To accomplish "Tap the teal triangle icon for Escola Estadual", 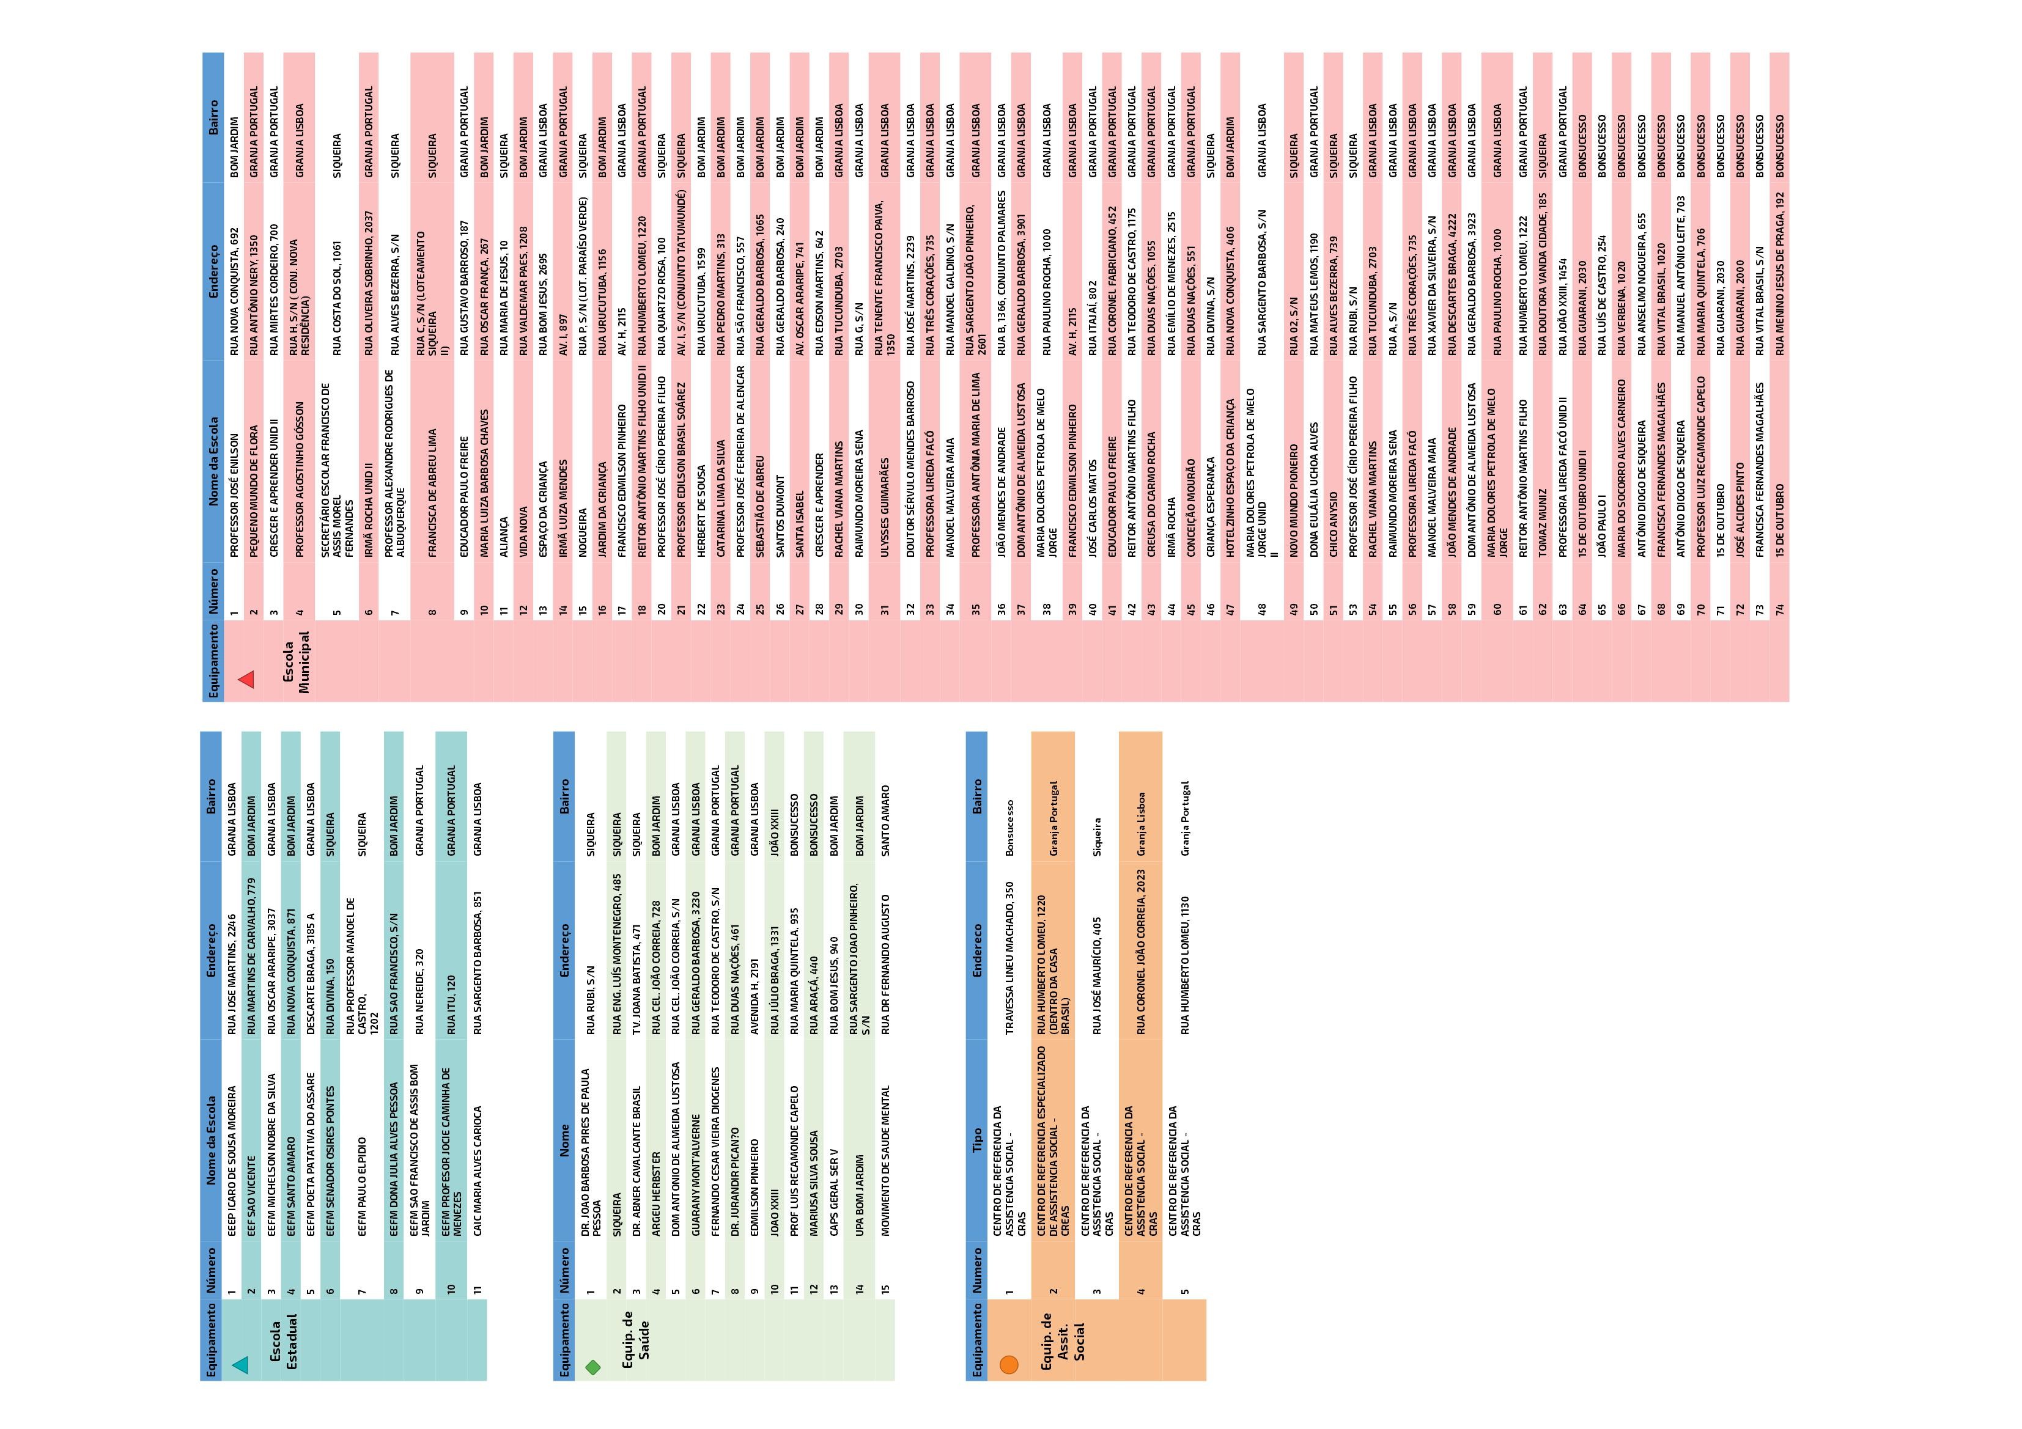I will click(x=240, y=1365).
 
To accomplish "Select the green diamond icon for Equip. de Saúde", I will click(x=592, y=1367).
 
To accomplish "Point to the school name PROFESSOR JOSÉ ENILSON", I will click(x=234, y=494).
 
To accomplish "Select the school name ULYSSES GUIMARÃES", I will click(x=884, y=493).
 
